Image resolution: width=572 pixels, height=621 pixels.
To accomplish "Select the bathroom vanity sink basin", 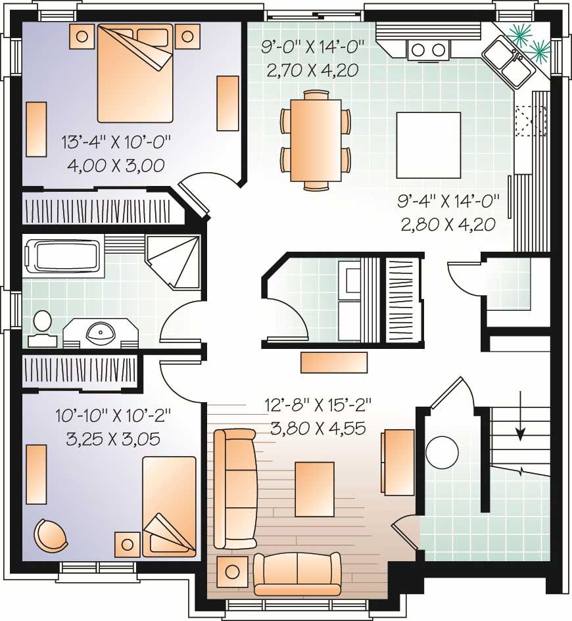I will (101, 333).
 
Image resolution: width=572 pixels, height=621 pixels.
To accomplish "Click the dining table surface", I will (316, 139).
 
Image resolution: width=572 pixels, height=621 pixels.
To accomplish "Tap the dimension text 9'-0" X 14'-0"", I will (312, 48).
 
